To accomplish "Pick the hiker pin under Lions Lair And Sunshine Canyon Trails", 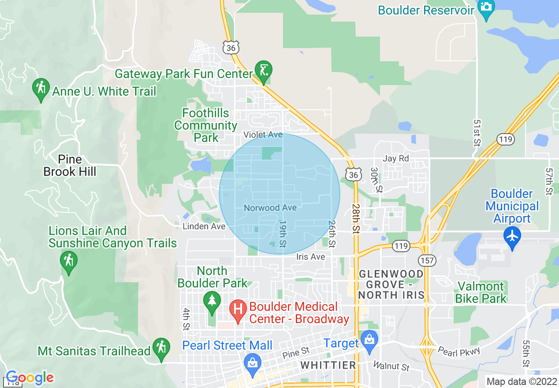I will pos(68,261).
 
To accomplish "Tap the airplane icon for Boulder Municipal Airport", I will pos(512,236).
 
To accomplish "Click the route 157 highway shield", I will pos(428,261).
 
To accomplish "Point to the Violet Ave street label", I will pos(263,134).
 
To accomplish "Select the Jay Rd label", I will pos(396,158).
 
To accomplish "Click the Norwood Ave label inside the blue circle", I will pos(270,208).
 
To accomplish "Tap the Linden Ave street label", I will pos(204,226).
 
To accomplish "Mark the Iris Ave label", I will pos(311,257).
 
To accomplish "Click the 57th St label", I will pos(548,181).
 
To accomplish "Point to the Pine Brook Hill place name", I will pos(70,165).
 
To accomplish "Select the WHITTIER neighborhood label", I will pos(328,365).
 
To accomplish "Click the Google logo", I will pos(30,378).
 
